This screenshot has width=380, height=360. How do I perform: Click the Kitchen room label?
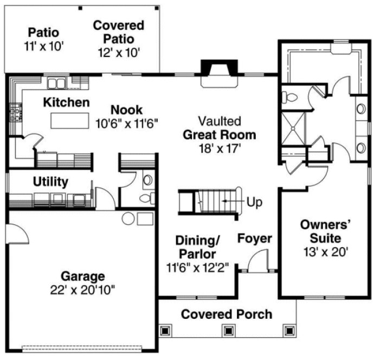coord(66,102)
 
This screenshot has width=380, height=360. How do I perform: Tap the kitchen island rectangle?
coord(70,121)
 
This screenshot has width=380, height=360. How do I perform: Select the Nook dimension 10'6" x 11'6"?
coord(126,123)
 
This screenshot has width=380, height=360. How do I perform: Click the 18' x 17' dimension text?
coord(219,147)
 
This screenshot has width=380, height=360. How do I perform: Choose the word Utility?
coord(50,181)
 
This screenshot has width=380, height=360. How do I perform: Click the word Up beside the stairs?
coord(254,203)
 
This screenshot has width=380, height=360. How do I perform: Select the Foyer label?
coord(255,239)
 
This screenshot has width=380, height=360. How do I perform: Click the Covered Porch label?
coord(227,314)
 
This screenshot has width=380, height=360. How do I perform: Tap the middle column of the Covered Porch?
coord(229,330)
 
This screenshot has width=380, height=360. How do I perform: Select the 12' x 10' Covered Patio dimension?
coord(119,52)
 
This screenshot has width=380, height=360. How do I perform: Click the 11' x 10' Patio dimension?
coord(44,46)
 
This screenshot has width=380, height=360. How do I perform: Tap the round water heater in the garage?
coord(128,218)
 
